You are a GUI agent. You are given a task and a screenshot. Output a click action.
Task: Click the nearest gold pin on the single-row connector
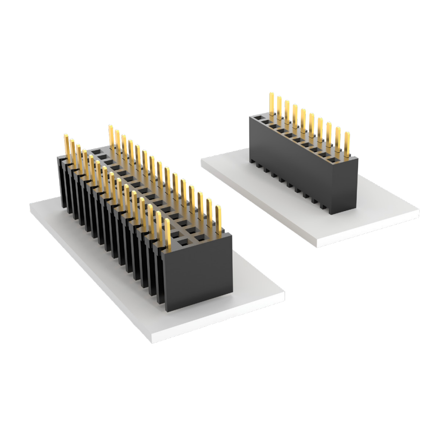[347, 145]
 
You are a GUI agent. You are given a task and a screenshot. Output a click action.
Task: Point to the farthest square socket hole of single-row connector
[257, 118]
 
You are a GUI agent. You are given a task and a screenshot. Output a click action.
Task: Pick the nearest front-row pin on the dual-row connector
[168, 233]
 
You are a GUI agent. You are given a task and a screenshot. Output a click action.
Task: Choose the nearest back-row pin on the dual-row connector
[218, 219]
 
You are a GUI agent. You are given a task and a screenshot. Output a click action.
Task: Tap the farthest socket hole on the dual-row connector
[96, 150]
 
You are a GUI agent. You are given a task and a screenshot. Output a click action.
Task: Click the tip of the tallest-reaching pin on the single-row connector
[272, 94]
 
